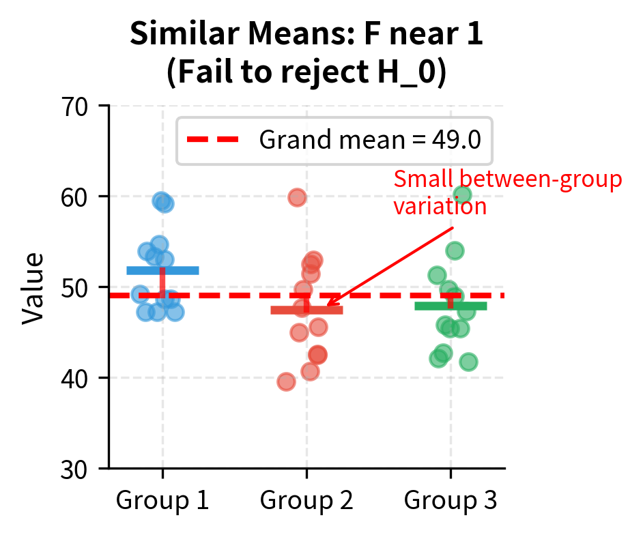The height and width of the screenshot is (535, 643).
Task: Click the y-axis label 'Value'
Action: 33,287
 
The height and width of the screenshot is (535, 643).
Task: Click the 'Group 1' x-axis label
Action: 162,501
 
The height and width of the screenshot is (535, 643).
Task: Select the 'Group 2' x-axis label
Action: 306,501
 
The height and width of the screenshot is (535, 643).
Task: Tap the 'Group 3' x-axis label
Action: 451,501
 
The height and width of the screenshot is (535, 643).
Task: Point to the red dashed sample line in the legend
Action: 213,140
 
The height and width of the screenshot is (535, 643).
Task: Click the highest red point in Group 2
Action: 297,198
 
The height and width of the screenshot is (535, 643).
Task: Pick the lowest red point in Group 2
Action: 286,382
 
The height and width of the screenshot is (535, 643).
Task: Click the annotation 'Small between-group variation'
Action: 507,193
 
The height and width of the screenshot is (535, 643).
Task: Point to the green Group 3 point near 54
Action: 455,251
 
